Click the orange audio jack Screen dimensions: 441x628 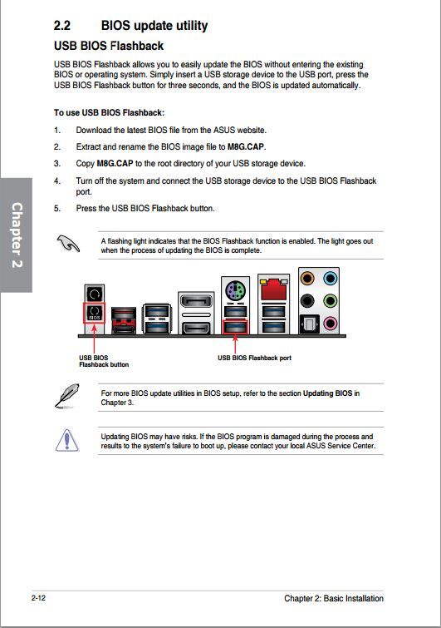[x=307, y=278]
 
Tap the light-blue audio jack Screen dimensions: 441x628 [x=331, y=278]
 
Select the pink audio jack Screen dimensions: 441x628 [x=331, y=323]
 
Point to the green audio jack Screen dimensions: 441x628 [x=331, y=300]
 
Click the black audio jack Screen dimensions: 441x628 [x=307, y=300]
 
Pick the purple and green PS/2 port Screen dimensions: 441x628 [x=235, y=291]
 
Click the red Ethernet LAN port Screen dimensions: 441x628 [x=274, y=289]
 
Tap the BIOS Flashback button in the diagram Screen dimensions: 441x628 [x=95, y=313]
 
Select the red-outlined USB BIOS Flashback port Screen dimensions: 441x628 [x=235, y=327]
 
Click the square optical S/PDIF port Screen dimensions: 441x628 [x=309, y=324]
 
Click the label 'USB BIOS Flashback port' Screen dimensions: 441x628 [x=254, y=358]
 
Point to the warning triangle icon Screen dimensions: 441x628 [x=66, y=440]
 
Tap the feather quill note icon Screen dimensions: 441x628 [x=66, y=396]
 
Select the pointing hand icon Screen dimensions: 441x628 [x=68, y=243]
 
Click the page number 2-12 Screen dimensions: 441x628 [x=38, y=598]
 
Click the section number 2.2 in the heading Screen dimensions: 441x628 [x=62, y=26]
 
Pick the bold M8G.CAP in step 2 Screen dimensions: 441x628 [x=246, y=146]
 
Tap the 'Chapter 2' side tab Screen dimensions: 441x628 [x=16, y=235]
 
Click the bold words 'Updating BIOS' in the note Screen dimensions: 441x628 [x=328, y=393]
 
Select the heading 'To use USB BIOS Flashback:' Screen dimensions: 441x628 [x=109, y=112]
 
